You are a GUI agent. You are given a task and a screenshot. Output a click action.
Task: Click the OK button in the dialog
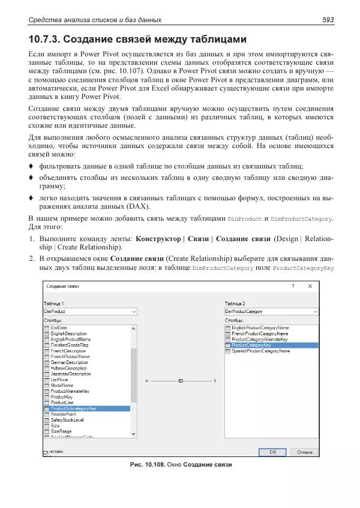[272, 452]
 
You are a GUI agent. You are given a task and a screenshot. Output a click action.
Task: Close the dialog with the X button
[310, 286]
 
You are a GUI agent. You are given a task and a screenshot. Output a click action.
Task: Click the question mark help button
[293, 286]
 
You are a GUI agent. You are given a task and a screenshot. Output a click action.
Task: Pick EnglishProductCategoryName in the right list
[260, 328]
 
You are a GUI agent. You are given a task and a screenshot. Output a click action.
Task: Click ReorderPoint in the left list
[63, 414]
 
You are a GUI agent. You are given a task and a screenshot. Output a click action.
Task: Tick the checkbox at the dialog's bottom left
[46, 453]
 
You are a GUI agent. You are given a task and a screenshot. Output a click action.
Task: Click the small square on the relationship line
[180, 380]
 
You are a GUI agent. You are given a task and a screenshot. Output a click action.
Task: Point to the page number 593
[328, 20]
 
